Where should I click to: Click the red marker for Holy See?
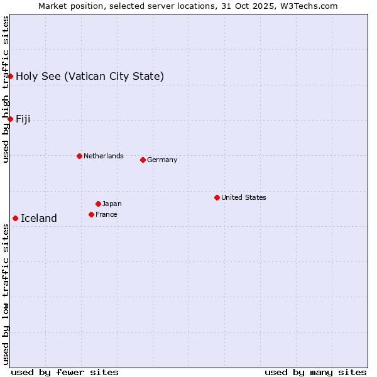[x=11, y=76]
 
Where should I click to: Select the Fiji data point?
[x=11, y=119]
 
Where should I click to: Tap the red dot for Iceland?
[x=15, y=218]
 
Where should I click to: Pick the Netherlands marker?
[x=79, y=156]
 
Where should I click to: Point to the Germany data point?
[x=143, y=160]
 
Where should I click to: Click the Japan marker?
[x=98, y=204]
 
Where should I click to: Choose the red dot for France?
[x=91, y=214]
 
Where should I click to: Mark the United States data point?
[x=217, y=197]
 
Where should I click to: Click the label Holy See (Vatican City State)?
[x=90, y=77]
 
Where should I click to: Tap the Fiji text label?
[x=23, y=119]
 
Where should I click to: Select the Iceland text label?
[x=39, y=219]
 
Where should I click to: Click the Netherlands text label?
[x=104, y=156]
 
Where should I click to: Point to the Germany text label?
[x=162, y=160]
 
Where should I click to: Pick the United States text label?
[x=244, y=197]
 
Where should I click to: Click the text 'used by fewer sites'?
[x=65, y=372]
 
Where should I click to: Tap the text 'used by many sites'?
[x=315, y=372]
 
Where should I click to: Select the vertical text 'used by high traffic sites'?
[x=6, y=89]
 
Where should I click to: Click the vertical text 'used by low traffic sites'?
[x=6, y=294]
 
